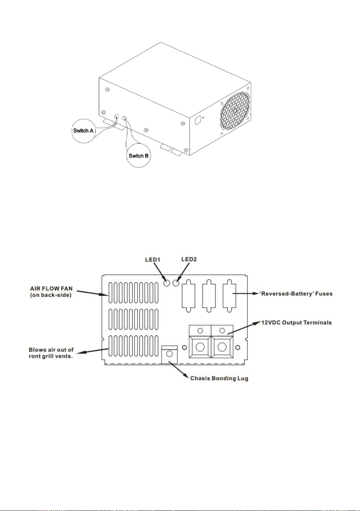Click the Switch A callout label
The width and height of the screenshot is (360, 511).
click(x=83, y=131)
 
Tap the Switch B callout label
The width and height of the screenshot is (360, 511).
click(x=139, y=156)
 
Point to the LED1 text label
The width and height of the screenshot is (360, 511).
click(x=153, y=260)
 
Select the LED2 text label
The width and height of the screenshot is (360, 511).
click(x=189, y=259)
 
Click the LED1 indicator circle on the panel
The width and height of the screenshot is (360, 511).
click(x=167, y=283)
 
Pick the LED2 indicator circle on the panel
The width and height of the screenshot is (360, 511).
click(x=176, y=283)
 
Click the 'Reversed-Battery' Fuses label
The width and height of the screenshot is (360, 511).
click(x=296, y=294)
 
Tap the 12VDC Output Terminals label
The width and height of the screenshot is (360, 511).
click(x=296, y=323)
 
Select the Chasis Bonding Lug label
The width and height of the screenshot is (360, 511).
click(x=219, y=378)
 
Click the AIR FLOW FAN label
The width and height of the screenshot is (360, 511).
click(x=51, y=288)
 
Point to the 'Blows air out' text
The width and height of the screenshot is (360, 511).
click(x=51, y=350)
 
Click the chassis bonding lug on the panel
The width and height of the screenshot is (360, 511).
click(x=169, y=354)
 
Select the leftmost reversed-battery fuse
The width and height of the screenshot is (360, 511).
click(x=188, y=296)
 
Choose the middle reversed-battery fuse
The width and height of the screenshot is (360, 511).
click(x=209, y=296)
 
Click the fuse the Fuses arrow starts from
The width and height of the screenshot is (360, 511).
click(x=229, y=296)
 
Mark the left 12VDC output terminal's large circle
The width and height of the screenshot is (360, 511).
click(x=200, y=347)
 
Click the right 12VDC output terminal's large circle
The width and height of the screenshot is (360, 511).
click(x=222, y=347)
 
